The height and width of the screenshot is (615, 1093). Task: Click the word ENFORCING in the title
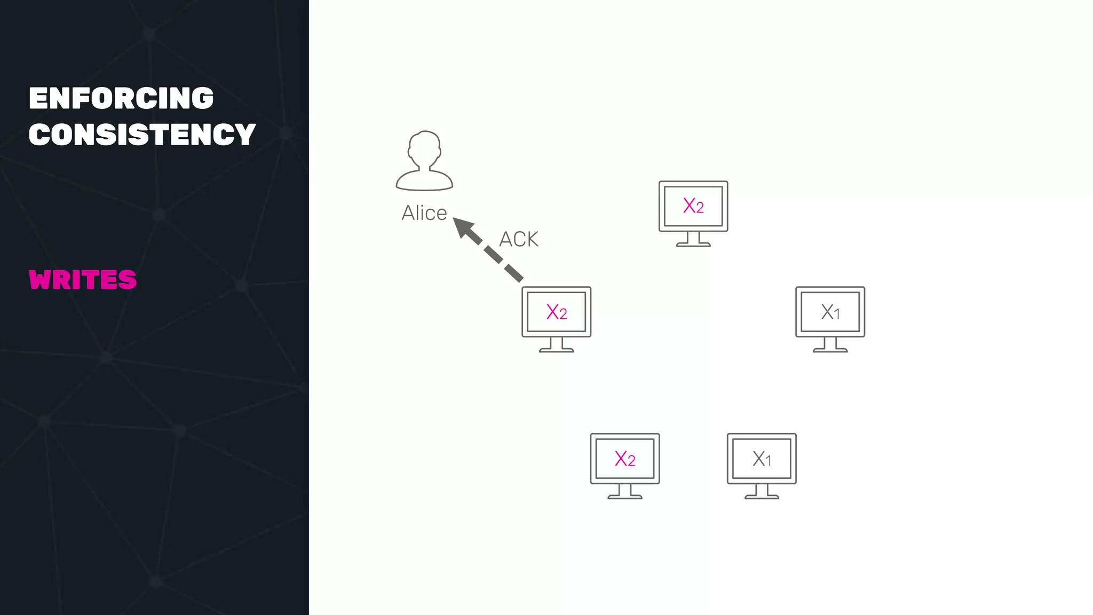click(x=121, y=98)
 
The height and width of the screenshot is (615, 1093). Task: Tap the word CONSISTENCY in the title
click(x=142, y=134)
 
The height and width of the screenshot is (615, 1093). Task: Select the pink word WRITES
click(x=83, y=280)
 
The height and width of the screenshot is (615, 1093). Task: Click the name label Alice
click(x=424, y=213)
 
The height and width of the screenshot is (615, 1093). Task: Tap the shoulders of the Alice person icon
click(x=424, y=180)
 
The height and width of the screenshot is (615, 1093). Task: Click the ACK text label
click(x=519, y=239)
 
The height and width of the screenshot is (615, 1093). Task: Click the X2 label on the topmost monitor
click(x=693, y=206)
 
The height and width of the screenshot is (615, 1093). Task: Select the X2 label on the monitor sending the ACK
click(x=557, y=312)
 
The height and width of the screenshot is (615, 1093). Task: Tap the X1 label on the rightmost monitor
click(x=830, y=312)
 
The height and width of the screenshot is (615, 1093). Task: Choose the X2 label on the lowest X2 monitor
click(x=625, y=459)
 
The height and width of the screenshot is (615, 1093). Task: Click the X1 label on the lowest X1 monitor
click(x=762, y=459)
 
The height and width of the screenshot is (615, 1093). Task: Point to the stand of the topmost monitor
click(x=693, y=240)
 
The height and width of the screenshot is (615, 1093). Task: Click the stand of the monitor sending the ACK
click(x=557, y=345)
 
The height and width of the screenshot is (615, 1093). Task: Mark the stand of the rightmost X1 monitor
click(x=830, y=345)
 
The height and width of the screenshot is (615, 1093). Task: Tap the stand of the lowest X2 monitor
click(x=625, y=492)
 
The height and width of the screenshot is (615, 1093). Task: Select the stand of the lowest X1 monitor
click(x=762, y=492)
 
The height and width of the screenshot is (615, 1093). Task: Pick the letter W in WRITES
click(x=41, y=280)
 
